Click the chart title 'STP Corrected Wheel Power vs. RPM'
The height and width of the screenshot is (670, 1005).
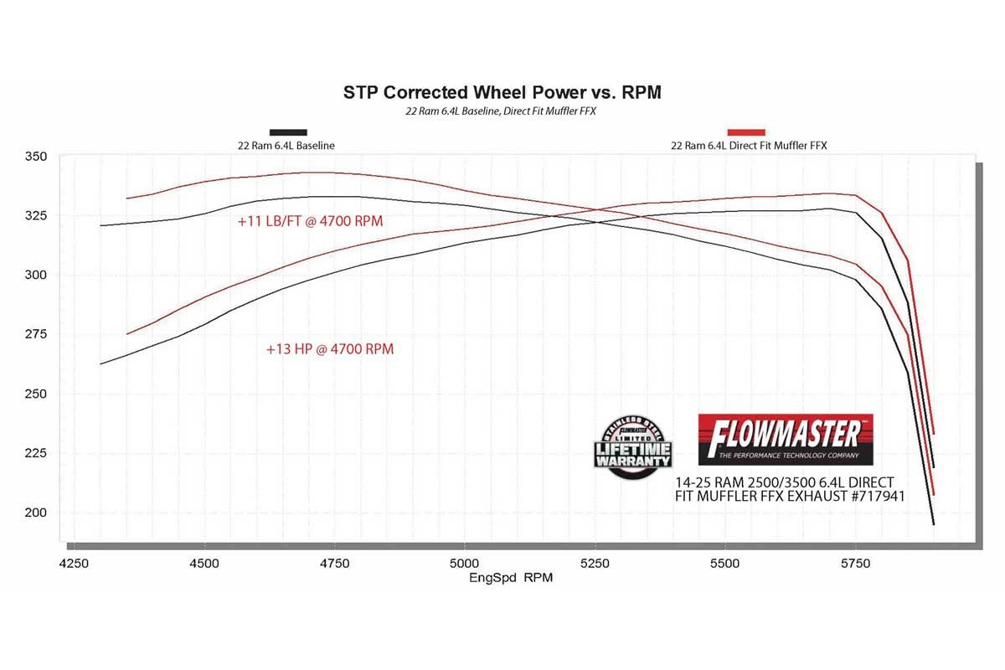click(502, 92)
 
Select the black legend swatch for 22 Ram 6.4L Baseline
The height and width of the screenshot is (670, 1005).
click(287, 131)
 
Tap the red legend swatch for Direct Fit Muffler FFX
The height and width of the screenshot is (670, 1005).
click(746, 131)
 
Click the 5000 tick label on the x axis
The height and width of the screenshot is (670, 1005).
click(464, 564)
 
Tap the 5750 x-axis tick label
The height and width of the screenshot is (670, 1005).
click(854, 564)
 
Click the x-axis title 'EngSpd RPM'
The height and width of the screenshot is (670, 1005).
click(511, 578)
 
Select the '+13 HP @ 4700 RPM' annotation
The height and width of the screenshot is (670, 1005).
click(330, 349)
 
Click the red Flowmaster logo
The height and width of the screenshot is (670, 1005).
click(786, 439)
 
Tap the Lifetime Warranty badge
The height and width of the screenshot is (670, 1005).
click(633, 447)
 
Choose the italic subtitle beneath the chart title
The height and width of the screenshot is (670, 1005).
click(502, 111)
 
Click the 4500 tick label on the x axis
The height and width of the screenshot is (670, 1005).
click(204, 564)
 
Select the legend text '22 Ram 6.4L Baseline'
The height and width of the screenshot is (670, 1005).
click(286, 146)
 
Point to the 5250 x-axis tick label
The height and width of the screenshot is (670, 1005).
click(594, 564)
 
